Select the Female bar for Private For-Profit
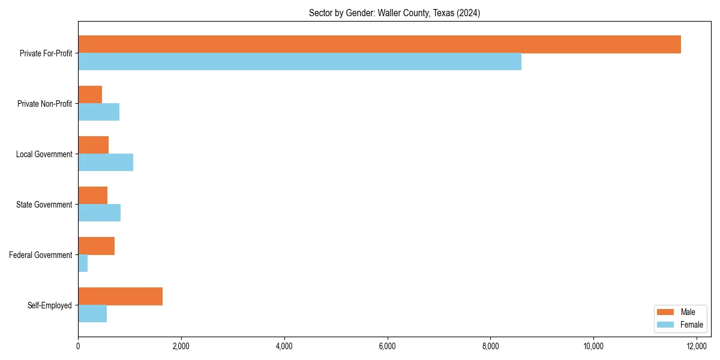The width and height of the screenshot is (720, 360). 299,61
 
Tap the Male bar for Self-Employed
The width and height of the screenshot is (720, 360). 120,296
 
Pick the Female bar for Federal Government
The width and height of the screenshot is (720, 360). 83,263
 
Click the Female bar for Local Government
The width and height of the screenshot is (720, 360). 106,163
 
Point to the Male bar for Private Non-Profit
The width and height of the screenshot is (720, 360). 90,95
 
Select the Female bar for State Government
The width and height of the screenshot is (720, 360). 99,213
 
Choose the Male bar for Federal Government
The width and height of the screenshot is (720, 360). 96,246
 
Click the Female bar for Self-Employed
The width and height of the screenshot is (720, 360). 92,314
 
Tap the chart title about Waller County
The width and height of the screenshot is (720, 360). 394,13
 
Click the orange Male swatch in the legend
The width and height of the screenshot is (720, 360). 665,312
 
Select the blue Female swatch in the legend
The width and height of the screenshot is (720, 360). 665,325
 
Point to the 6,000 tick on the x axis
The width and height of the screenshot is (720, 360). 387,346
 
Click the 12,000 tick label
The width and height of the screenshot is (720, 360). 697,346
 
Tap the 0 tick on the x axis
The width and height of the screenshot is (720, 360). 78,346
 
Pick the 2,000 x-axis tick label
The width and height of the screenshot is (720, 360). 181,346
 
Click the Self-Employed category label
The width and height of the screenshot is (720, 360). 50,305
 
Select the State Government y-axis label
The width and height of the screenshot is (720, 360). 44,205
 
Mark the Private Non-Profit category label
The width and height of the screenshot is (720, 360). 44,104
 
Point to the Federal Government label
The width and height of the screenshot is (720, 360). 41,255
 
